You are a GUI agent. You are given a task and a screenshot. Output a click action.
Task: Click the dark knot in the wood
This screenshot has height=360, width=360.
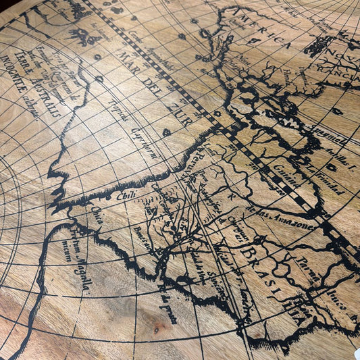[159, 329]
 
